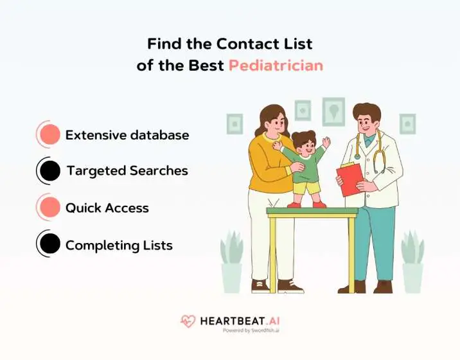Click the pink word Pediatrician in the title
click(276, 66)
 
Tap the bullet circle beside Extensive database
click(49, 135)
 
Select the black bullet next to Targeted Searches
click(49, 171)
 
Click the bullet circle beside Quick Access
click(49, 208)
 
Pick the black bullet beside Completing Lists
click(49, 244)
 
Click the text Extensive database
click(127, 136)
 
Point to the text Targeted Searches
click(127, 171)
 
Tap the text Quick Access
click(107, 208)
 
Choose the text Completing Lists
click(119, 245)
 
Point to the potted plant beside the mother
click(231, 264)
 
